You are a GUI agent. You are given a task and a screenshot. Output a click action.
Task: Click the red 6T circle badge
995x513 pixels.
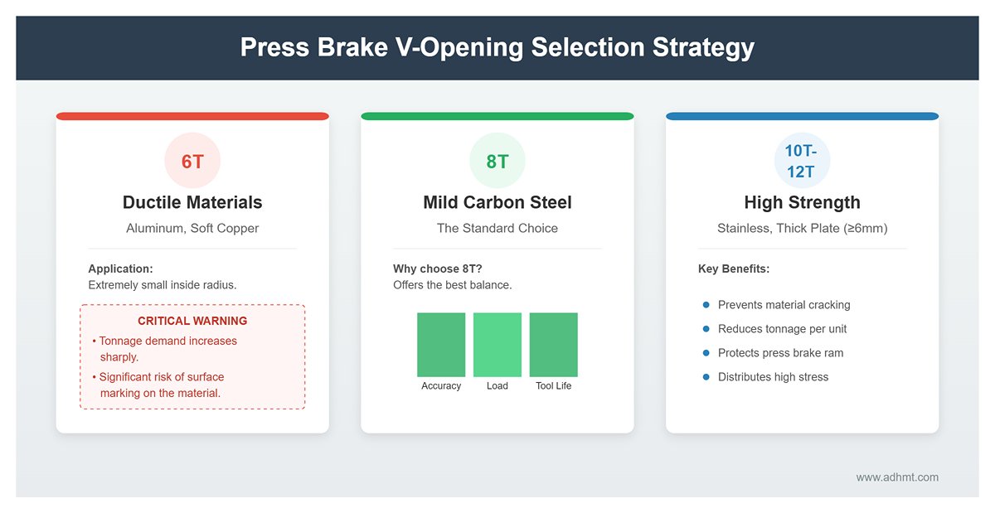tap(192, 161)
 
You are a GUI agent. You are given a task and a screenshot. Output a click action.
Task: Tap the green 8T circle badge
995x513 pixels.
tap(497, 161)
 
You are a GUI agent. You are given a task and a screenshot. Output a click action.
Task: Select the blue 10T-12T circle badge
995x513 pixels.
tap(802, 161)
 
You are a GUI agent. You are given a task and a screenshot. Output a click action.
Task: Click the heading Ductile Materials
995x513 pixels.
tap(192, 202)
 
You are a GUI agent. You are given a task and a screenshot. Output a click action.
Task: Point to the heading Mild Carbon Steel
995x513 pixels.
tap(497, 202)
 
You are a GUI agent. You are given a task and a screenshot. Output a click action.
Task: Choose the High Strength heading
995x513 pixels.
tap(802, 202)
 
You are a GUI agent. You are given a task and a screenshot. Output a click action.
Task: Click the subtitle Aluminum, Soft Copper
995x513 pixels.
tap(192, 228)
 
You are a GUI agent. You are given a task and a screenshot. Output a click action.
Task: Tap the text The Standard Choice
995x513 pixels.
tap(497, 228)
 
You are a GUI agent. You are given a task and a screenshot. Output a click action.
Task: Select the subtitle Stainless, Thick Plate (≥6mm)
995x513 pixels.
tap(802, 228)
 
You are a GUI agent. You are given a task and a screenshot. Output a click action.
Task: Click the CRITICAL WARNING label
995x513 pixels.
tap(192, 321)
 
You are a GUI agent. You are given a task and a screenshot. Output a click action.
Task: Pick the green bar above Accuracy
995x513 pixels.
tap(441, 345)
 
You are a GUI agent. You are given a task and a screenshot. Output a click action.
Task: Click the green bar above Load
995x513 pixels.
tap(498, 345)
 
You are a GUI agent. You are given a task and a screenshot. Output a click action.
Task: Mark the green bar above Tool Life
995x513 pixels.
tap(553, 345)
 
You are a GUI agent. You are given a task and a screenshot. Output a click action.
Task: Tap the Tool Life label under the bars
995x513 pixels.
tap(553, 386)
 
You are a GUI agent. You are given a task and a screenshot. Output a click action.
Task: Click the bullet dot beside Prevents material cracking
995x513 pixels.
tap(706, 305)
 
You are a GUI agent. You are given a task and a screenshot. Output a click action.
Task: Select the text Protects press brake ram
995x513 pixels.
tap(780, 353)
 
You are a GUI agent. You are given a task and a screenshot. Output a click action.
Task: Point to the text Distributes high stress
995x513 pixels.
tap(773, 377)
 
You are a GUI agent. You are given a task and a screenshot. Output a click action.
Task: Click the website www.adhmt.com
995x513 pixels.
tap(897, 477)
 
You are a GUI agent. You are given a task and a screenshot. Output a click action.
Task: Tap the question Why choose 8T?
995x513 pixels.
tap(438, 269)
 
